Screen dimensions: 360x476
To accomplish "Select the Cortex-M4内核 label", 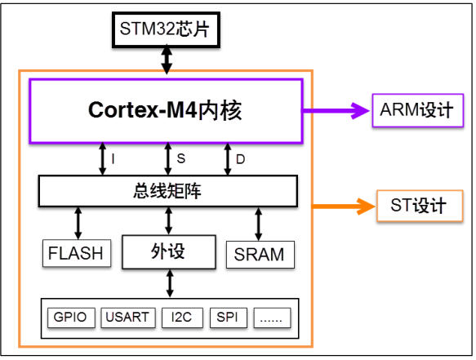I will click(x=166, y=111).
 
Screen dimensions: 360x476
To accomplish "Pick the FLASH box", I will click(x=76, y=253).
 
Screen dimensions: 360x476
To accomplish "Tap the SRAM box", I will click(x=259, y=254).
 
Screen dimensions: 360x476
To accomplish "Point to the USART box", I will click(x=127, y=317).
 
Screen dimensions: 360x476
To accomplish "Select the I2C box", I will click(x=179, y=317).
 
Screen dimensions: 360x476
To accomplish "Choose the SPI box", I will click(x=227, y=317).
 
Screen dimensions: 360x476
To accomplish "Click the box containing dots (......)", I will click(x=272, y=317).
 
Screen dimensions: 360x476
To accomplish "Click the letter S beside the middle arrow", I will click(x=181, y=158).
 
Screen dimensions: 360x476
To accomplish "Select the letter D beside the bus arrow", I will click(x=240, y=158).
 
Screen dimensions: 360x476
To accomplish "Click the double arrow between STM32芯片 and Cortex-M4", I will click(x=167, y=59).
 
